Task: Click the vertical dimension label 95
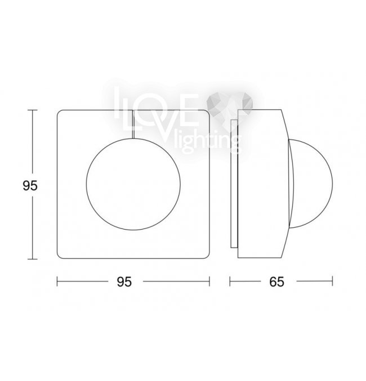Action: [30, 186]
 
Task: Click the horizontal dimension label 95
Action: [124, 282]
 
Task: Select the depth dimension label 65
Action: [276, 282]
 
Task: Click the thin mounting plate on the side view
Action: [234, 183]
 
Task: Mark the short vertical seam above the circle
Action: [133, 124]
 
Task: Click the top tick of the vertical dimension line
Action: [32, 110]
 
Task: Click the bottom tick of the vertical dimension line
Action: [32, 259]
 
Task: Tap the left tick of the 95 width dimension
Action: [57, 281]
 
